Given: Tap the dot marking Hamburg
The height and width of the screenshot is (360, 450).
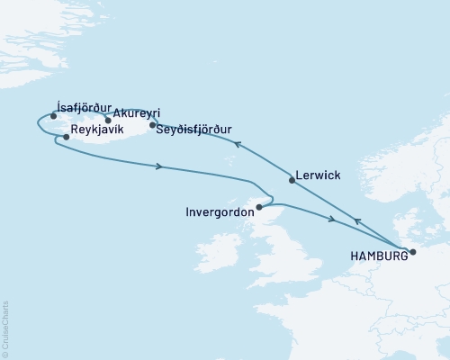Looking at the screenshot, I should (413, 252).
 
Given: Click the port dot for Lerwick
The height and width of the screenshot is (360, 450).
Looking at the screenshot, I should (292, 181).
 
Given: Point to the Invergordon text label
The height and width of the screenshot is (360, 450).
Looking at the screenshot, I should (219, 212).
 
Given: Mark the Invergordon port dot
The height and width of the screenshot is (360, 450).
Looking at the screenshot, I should (259, 208).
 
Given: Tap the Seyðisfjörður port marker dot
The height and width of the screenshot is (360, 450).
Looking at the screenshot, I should (152, 125).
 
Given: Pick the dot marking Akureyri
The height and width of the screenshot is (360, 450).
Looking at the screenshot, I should (108, 120).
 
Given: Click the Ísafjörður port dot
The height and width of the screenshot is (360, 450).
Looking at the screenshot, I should (54, 116).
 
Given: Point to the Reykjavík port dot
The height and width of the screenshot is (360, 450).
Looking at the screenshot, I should (67, 138).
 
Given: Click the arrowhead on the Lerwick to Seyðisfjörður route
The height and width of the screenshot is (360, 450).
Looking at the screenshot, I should (238, 144).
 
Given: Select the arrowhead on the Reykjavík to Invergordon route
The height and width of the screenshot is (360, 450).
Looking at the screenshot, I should (159, 166).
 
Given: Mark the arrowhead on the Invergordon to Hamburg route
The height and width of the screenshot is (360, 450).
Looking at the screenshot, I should (333, 220).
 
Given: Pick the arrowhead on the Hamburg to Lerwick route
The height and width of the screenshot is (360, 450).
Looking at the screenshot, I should (357, 220).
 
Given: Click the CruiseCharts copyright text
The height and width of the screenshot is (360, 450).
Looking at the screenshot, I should (5, 327).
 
